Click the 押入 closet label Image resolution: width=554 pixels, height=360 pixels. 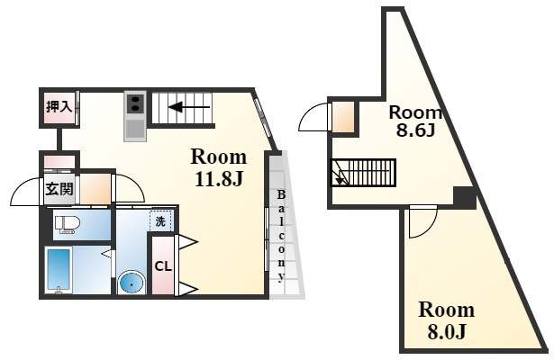[x=59, y=107]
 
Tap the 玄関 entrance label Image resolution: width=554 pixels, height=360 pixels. [x=59, y=190]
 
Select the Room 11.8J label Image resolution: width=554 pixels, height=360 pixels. [x=218, y=166]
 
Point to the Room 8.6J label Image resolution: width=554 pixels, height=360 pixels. [x=414, y=121]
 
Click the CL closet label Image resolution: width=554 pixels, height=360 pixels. [x=162, y=266]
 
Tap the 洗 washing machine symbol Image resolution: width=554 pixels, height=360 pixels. [x=159, y=221]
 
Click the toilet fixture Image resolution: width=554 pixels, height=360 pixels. [x=68, y=224]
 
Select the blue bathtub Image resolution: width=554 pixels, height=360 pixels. [x=59, y=269]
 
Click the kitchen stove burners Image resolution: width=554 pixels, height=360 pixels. [x=135, y=104]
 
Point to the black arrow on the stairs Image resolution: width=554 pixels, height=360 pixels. [x=189, y=108]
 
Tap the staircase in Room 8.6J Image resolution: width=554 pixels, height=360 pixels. [x=364, y=171]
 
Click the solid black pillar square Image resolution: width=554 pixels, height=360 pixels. [x=464, y=195]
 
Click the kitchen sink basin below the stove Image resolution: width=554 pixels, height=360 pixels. [x=135, y=129]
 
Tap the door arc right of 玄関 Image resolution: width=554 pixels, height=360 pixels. [x=127, y=188]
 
